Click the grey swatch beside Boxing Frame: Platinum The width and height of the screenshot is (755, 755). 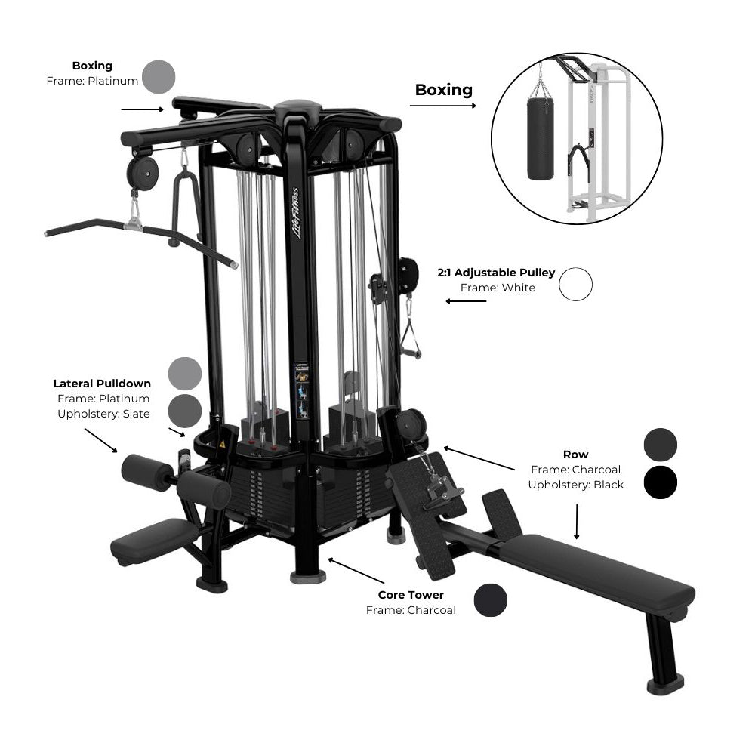pyautogui.click(x=159, y=77)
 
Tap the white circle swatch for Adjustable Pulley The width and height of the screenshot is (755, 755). pyautogui.click(x=575, y=285)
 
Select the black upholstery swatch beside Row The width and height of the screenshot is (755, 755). pyautogui.click(x=660, y=482)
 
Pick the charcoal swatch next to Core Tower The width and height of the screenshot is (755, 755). pyautogui.click(x=490, y=600)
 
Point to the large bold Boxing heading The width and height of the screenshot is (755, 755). pyautogui.click(x=443, y=90)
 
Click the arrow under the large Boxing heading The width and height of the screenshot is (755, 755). pyautogui.click(x=443, y=106)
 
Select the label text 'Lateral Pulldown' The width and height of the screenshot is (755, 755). pyautogui.click(x=102, y=384)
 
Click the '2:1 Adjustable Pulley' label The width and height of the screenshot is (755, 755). pyautogui.click(x=496, y=273)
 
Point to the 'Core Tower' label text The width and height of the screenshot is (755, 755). pyautogui.click(x=411, y=595)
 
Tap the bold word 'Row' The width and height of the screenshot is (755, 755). pyautogui.click(x=575, y=455)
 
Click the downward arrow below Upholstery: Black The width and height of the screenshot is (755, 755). pyautogui.click(x=576, y=522)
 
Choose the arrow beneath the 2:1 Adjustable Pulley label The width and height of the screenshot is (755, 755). pyautogui.click(x=466, y=301)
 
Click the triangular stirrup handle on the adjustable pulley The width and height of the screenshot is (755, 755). pyautogui.click(x=410, y=337)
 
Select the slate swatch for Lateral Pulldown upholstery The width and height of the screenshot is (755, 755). pyautogui.click(x=185, y=411)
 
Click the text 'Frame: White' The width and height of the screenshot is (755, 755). pyautogui.click(x=498, y=288)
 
